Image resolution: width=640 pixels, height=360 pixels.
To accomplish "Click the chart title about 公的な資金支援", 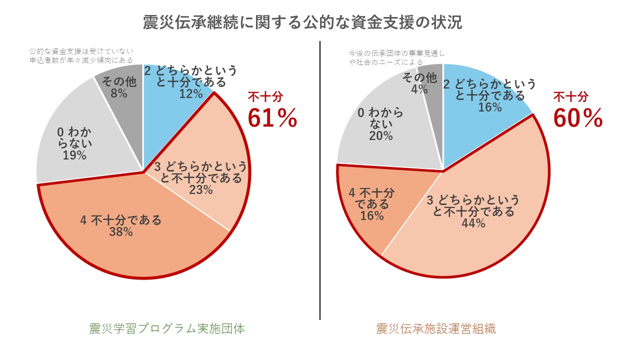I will pos(302,23).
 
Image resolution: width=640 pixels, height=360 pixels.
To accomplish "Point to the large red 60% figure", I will pos(577,118).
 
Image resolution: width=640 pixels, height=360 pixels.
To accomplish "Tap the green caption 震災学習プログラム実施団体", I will pos(167,329).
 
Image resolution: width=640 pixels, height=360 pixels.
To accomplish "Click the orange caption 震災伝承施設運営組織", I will pos(436,329).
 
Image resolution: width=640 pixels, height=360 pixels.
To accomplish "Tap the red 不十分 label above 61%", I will pos(265,97).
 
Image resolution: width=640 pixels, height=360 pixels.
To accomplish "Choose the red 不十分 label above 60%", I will pos(570,97).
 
